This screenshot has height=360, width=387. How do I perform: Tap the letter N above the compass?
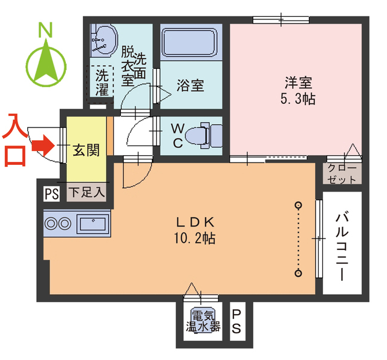click(44, 29)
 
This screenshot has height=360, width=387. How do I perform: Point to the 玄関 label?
click(86, 150)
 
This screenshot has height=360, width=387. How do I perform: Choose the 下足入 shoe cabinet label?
click(86, 193)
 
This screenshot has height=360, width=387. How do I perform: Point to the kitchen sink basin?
click(93, 223)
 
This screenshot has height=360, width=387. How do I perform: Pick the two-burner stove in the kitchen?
click(57, 223)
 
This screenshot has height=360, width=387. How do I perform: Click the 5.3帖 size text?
click(298, 98)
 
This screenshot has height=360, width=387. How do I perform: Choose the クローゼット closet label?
click(342, 173)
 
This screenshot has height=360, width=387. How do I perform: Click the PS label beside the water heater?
click(237, 321)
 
